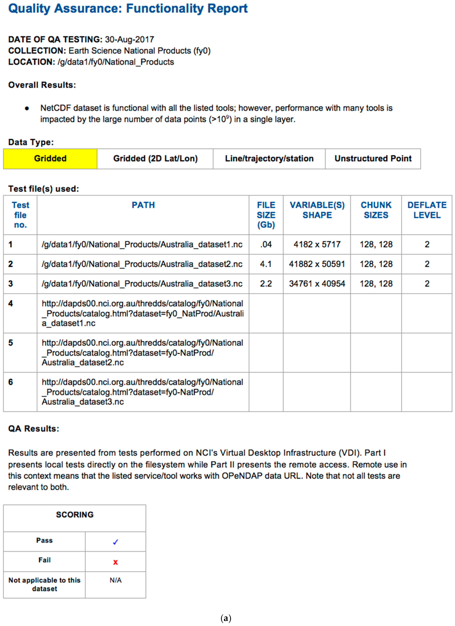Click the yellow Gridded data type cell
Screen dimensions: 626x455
50,159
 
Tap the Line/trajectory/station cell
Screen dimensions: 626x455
269,159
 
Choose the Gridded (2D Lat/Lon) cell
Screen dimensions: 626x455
155,159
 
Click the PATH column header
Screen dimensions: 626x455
143,205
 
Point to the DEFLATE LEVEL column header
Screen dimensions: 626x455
427,210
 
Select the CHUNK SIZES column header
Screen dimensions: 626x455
376,210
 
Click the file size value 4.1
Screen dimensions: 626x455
266,264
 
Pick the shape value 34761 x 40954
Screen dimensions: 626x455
317,284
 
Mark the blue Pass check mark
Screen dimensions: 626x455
115,542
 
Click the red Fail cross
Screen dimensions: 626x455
115,562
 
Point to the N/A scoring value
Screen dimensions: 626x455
115,580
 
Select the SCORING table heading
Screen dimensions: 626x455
75,515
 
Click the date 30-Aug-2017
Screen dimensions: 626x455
129,40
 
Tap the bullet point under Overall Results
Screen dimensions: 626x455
27,108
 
